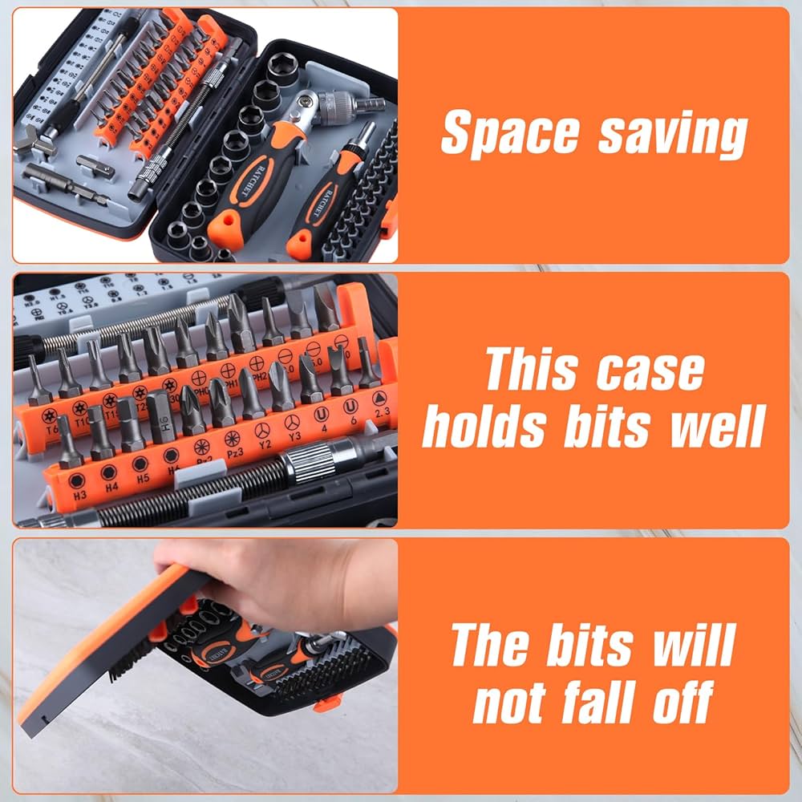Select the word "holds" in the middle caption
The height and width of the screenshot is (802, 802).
click(487, 427)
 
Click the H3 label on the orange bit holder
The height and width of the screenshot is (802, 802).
click(80, 496)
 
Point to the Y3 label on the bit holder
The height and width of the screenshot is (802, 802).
click(294, 436)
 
